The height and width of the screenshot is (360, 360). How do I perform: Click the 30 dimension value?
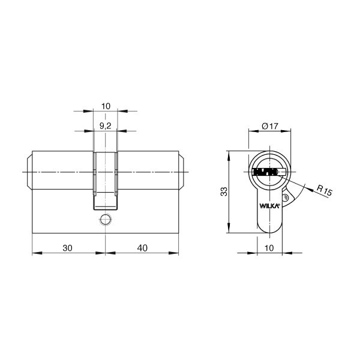point(67,248)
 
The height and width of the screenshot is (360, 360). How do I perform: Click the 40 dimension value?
point(142,248)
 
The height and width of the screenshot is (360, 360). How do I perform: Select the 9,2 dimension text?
point(106,126)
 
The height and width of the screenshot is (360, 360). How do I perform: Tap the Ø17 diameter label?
point(270,126)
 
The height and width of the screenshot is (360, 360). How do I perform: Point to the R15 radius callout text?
point(325,190)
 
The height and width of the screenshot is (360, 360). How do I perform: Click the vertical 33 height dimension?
point(224,191)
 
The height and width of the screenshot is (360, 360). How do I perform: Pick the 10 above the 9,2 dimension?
point(106,106)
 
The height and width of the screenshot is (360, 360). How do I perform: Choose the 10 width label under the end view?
point(269,248)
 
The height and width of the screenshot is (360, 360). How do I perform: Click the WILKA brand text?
point(269,206)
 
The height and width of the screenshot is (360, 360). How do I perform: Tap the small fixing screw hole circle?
point(106,219)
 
